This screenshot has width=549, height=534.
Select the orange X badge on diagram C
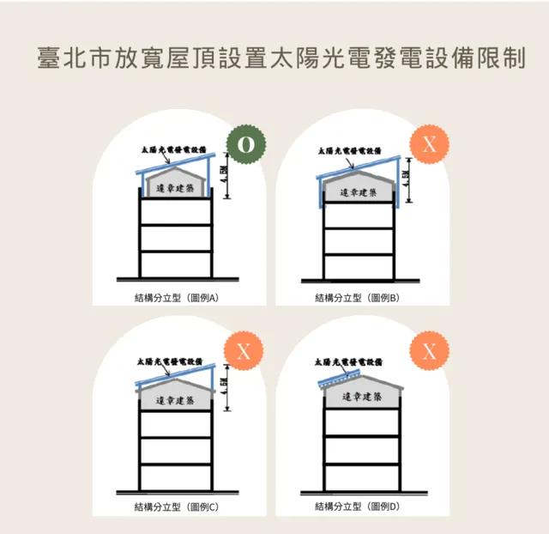(x=244, y=352)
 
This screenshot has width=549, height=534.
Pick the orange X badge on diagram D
(x=429, y=351)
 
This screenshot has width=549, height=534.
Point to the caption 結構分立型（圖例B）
(x=358, y=298)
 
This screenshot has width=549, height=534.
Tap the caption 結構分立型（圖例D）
(x=358, y=507)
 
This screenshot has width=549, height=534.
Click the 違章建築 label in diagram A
(x=176, y=188)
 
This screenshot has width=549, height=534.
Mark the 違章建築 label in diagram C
(x=176, y=400)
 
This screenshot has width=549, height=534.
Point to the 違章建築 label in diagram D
(x=361, y=397)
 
